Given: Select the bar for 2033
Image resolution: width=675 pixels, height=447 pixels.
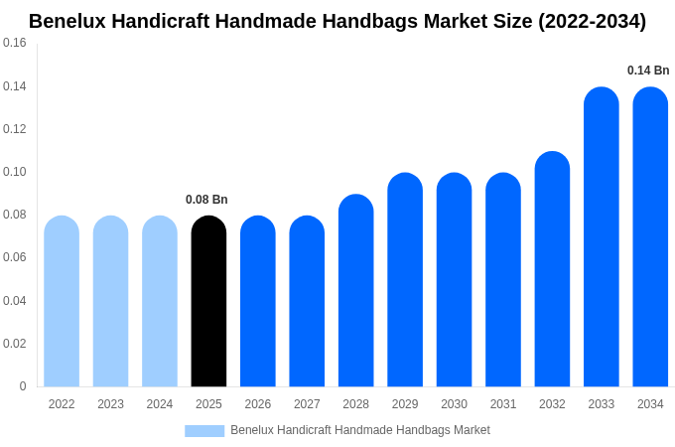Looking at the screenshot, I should pyautogui.click(x=601, y=237).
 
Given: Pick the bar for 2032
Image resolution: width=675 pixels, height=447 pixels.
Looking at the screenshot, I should pyautogui.click(x=552, y=269).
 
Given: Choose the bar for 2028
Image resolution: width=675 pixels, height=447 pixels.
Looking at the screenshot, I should pyautogui.click(x=355, y=290).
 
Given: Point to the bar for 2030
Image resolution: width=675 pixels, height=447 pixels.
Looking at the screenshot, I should pyautogui.click(x=454, y=280).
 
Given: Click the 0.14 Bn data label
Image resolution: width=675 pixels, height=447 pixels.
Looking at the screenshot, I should pyautogui.click(x=648, y=71).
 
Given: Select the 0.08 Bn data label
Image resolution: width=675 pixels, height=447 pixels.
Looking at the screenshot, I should pyautogui.click(x=206, y=200).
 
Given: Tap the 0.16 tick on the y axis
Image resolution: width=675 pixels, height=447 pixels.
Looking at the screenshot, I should pyautogui.click(x=15, y=43).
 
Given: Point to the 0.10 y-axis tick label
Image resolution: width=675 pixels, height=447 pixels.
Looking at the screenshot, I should pyautogui.click(x=15, y=172).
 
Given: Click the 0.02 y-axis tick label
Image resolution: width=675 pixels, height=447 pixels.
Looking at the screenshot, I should pyautogui.click(x=15, y=344).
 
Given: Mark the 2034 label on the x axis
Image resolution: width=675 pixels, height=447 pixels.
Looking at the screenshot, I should pyautogui.click(x=650, y=404).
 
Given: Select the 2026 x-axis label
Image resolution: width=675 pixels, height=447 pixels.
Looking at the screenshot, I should pyautogui.click(x=258, y=404).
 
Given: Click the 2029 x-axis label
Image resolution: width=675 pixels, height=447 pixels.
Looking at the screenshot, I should pyautogui.click(x=405, y=404).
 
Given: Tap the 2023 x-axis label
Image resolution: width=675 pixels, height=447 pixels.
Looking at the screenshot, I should pyautogui.click(x=110, y=404).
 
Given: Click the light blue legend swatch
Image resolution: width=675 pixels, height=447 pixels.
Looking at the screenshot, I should pyautogui.click(x=204, y=430).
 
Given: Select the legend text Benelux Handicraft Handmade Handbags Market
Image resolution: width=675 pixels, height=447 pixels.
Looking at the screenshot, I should pyautogui.click(x=360, y=430).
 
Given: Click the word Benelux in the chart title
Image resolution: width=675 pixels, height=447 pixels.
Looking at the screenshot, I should pyautogui.click(x=67, y=21).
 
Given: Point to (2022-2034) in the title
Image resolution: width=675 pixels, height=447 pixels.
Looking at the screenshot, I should pyautogui.click(x=592, y=21).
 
